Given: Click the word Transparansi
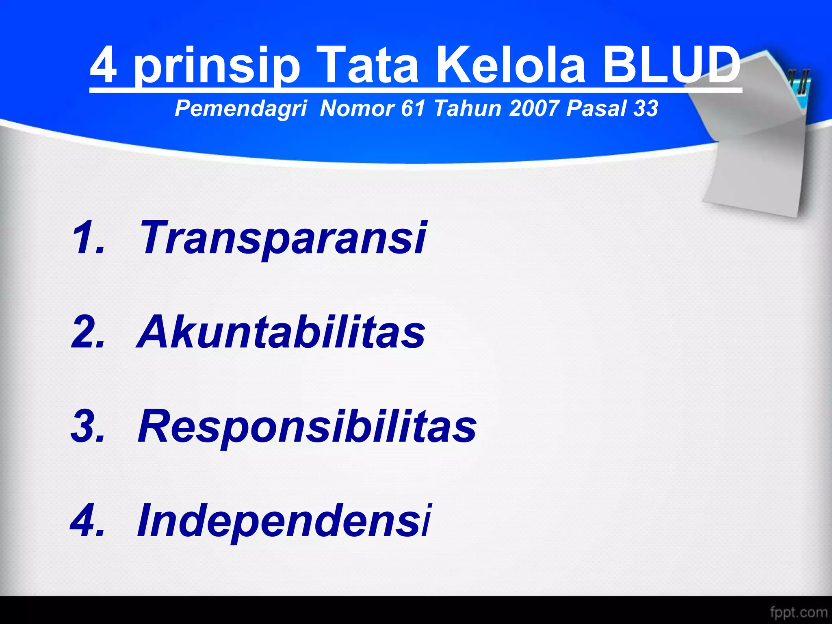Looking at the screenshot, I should click(282, 238).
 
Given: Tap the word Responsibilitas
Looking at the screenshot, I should click(307, 427).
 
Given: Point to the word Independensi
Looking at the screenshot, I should click(284, 521).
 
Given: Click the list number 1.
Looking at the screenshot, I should click(87, 238).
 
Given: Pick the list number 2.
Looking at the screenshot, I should click(87, 332).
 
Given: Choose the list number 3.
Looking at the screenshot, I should click(87, 427).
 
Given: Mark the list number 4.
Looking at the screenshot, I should click(87, 521).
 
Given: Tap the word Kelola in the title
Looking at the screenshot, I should click(511, 65).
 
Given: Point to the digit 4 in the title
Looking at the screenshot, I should click(104, 65).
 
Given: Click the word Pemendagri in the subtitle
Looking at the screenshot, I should click(240, 108).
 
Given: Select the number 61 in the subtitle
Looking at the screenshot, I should click(413, 108).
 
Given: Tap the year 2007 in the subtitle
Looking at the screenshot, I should click(533, 108).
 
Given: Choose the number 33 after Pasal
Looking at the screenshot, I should click(645, 108).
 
